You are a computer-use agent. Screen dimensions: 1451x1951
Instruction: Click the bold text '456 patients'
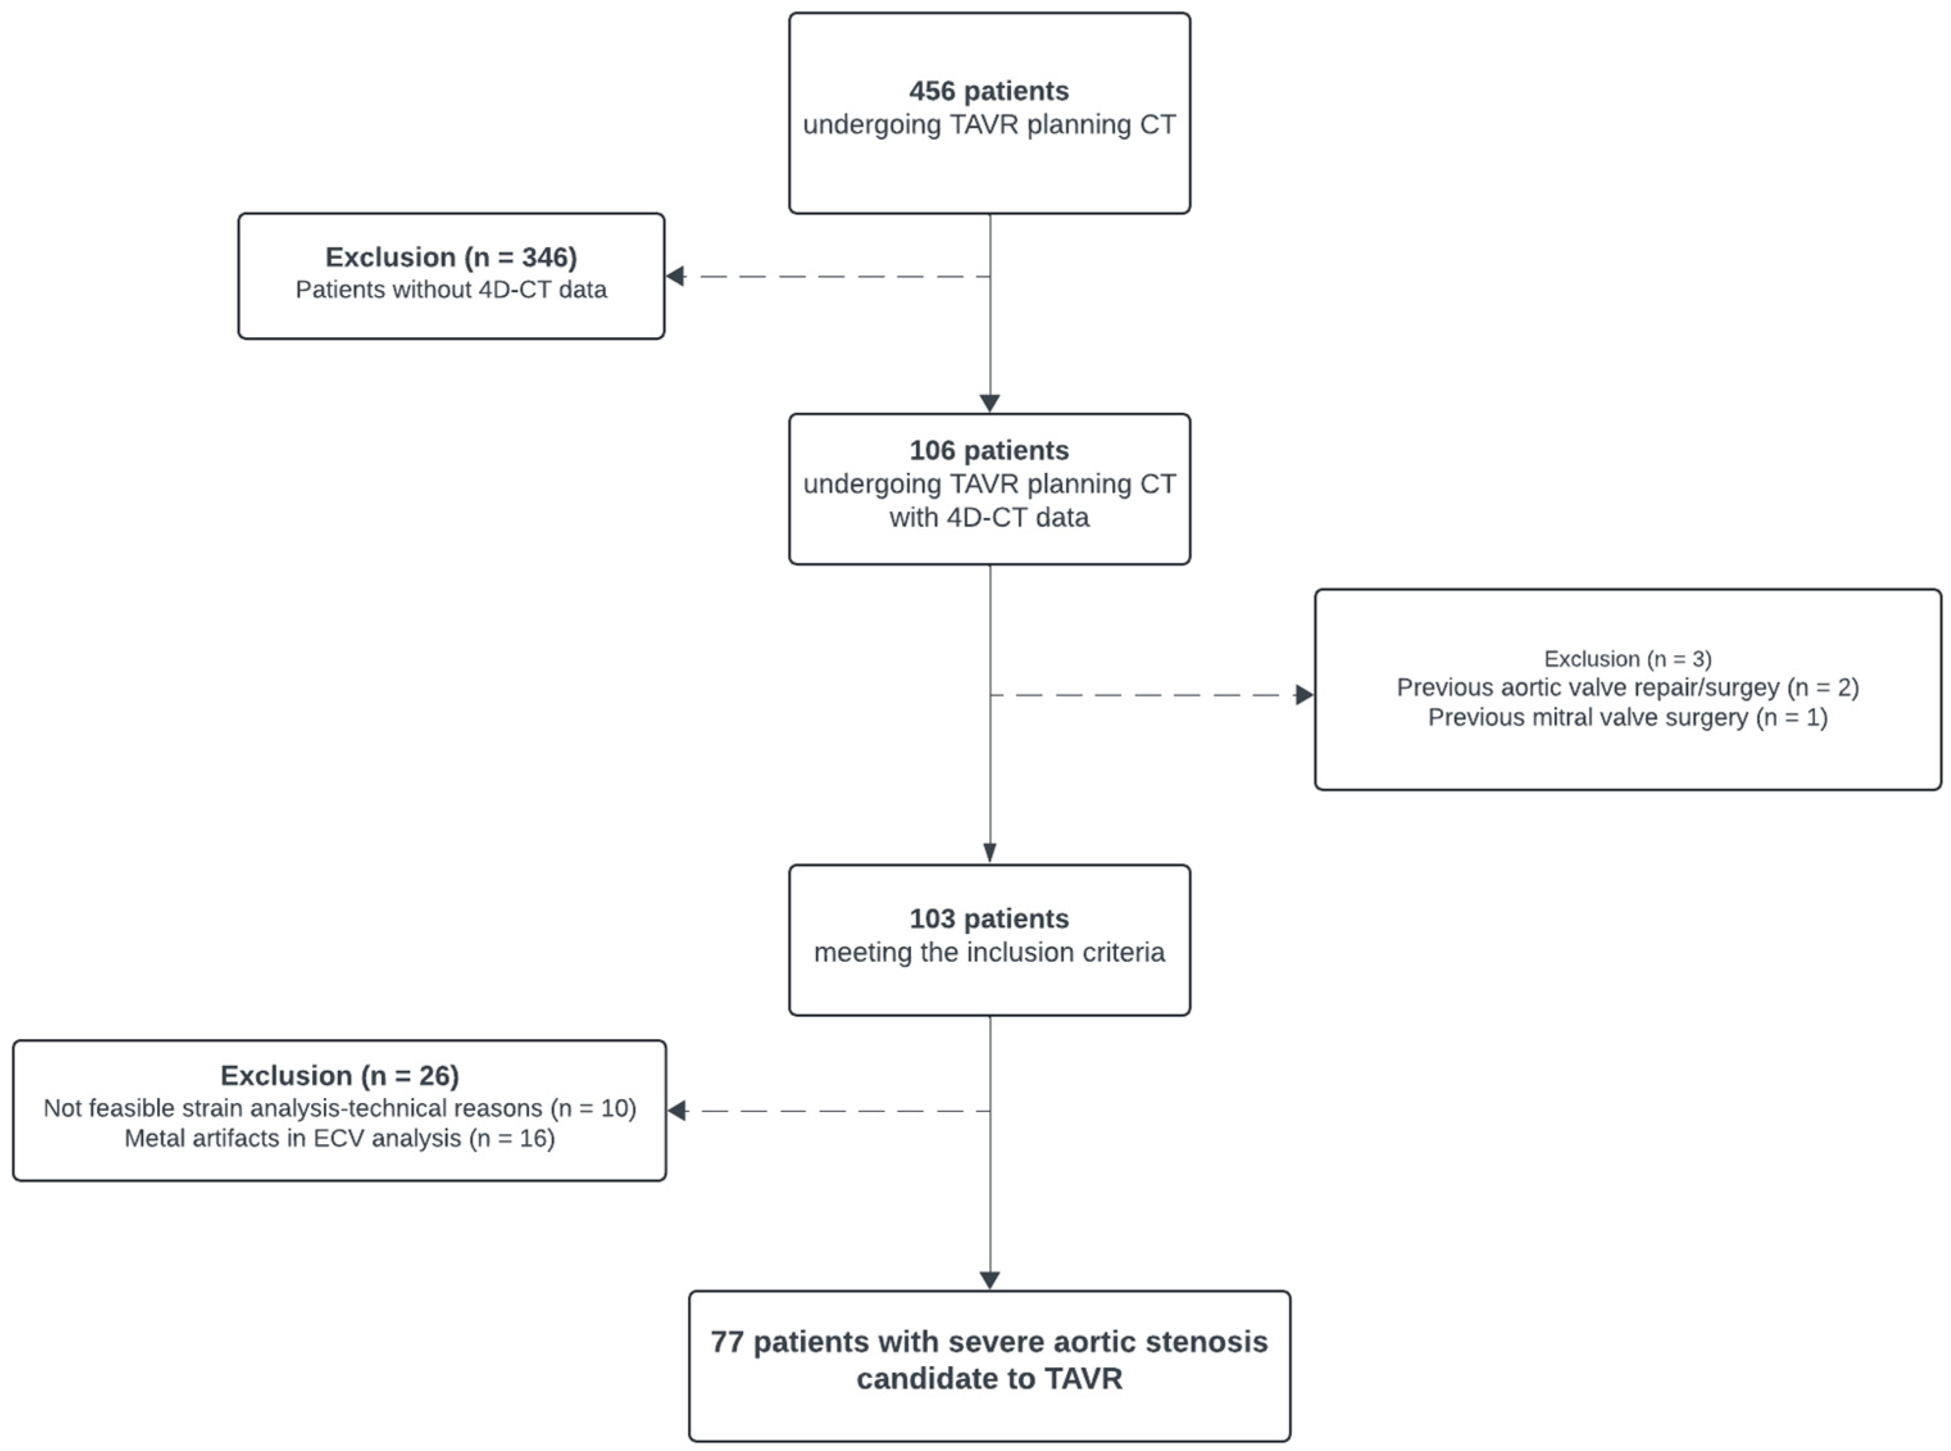click(x=988, y=90)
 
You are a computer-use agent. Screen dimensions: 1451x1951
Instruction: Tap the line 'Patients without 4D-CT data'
click(x=451, y=290)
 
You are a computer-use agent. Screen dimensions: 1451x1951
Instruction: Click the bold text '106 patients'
click(x=988, y=450)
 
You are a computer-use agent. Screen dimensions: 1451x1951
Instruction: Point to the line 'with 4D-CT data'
click(x=988, y=517)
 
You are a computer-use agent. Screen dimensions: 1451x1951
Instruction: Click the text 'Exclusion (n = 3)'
click(x=1627, y=659)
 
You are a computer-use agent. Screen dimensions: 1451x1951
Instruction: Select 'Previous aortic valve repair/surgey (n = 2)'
click(x=1627, y=688)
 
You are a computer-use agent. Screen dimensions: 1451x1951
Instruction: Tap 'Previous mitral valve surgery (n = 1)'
click(x=1627, y=718)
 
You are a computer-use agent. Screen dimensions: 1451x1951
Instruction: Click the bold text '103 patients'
click(x=988, y=919)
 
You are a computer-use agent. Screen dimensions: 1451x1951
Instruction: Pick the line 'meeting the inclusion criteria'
click(x=988, y=952)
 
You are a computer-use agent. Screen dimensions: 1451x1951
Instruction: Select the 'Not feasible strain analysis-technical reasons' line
click(x=339, y=1109)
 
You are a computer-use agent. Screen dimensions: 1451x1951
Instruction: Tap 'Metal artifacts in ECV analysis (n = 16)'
click(x=339, y=1138)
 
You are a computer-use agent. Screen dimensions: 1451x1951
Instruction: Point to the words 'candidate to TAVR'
click(x=988, y=1379)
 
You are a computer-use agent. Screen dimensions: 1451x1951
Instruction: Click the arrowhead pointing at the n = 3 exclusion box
click(x=1304, y=695)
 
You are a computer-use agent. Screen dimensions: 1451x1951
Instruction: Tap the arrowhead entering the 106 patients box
click(x=989, y=403)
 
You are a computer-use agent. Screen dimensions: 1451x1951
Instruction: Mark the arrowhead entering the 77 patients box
click(x=989, y=1280)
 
